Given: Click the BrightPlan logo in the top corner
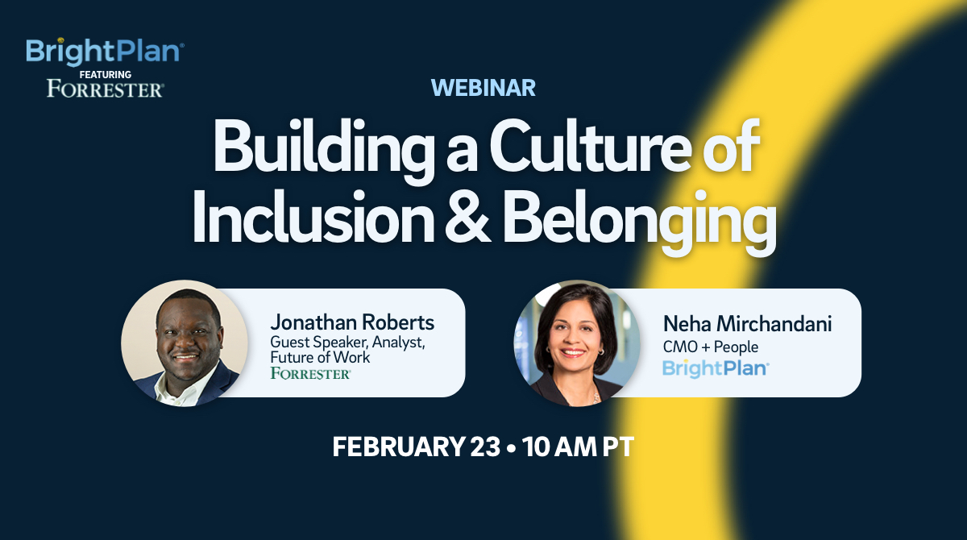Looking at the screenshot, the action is coord(105,52).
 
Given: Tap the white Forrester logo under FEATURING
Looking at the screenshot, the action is coord(106,89).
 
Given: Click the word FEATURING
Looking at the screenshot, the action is coord(106,75).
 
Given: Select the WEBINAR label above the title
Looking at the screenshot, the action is coord(483,88).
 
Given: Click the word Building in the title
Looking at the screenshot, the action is coord(324,150).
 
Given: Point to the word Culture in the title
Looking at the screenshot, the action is coord(590,147).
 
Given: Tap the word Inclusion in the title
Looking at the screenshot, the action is coord(313,217).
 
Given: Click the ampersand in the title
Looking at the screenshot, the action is coord(467,217).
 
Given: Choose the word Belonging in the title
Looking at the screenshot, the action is coord(639,222).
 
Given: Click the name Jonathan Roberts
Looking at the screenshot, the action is coord(352,322).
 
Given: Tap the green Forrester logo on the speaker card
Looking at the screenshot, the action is coord(311,373).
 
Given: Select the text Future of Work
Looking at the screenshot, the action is coord(320,357).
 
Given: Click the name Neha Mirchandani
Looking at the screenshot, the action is coord(747,324).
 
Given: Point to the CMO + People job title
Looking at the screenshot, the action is coord(711,347).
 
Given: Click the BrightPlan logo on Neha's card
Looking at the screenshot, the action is coord(716,368).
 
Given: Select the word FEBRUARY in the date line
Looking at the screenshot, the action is coord(398,447).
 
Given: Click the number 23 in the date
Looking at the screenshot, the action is coord(485,447).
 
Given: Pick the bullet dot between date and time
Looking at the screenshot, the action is coord(512,448).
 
